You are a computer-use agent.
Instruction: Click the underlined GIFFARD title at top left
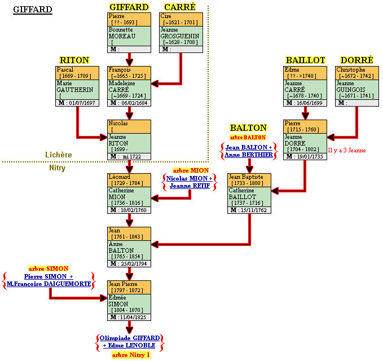(33, 10)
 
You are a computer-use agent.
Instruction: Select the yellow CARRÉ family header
(180, 7)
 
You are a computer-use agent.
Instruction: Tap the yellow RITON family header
(74, 60)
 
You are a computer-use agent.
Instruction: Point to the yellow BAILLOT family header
(305, 60)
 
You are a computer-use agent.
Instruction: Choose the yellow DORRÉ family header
(357, 60)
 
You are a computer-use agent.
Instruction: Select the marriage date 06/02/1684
(134, 103)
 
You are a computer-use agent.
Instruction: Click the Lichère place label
(59, 155)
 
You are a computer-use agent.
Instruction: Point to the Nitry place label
(57, 168)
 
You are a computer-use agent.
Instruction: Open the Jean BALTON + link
(249, 147)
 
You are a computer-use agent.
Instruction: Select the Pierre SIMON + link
(49, 276)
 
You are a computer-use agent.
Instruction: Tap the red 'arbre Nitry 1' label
(130, 355)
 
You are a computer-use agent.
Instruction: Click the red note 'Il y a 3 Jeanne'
(347, 150)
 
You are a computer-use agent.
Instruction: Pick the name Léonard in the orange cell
(119, 177)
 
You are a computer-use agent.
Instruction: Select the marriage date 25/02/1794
(134, 263)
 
